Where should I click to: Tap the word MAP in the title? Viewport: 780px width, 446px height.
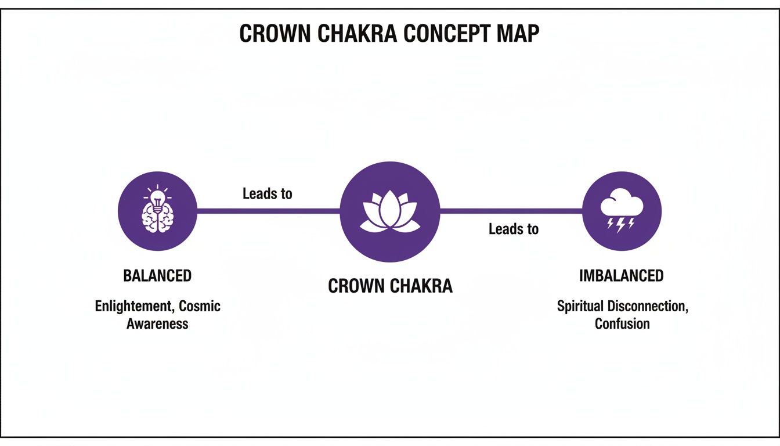(518, 34)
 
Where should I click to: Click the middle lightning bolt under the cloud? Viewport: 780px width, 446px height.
(621, 224)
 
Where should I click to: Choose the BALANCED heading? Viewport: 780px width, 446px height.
(157, 276)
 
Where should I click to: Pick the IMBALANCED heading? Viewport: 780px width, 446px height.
(622, 276)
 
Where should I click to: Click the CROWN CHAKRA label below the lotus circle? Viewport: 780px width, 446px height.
(390, 286)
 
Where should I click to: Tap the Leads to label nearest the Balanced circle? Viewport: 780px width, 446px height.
(267, 193)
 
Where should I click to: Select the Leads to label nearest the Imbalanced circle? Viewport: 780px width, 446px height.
(514, 229)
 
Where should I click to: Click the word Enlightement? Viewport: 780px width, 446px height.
(135, 306)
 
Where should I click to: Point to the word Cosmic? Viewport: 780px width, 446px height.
(200, 306)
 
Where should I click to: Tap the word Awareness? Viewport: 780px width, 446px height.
(157, 323)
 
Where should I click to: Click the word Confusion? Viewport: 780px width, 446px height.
(622, 323)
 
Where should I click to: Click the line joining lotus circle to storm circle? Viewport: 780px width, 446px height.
(511, 211)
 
